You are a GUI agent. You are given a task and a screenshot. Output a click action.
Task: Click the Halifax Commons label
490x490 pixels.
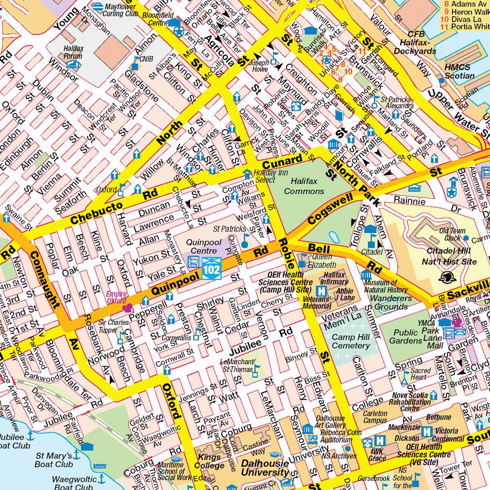tap(303, 186)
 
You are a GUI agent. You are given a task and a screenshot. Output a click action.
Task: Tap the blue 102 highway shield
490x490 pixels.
tap(212, 268)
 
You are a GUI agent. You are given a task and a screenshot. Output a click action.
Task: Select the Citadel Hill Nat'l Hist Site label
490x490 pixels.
tap(449, 256)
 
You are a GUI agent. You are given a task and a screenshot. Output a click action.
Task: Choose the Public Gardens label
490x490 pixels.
tap(405, 336)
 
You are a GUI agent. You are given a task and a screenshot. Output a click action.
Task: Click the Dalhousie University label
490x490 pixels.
tap(265, 468)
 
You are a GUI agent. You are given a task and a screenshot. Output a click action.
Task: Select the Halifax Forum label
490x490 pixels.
tap(73, 52)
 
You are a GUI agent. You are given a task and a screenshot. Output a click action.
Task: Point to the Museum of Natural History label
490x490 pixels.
tap(385, 286)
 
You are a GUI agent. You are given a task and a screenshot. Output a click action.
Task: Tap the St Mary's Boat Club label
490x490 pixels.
tap(54, 460)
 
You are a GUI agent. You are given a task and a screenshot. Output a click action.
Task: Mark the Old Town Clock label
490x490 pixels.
tap(452, 234)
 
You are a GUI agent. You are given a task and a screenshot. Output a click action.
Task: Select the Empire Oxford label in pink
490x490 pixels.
tap(116, 297)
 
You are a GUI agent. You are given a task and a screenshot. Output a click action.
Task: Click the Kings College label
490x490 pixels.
tap(209, 460)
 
